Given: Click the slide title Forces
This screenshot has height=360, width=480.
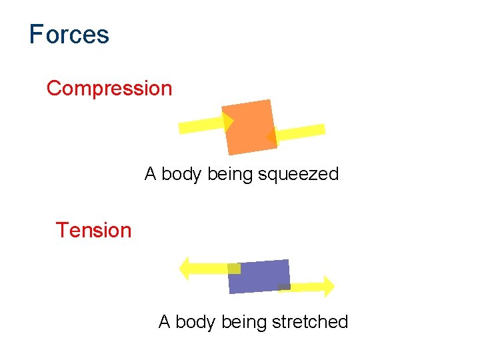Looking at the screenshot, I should point(69,34).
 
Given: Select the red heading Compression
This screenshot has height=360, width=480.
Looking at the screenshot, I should point(109,88).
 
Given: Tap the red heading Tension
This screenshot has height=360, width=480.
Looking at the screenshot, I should point(93,230).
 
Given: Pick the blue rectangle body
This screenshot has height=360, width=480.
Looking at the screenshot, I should point(259,275).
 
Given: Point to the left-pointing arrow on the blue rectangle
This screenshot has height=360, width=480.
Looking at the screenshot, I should point(207,268).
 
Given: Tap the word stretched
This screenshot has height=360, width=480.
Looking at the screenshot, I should point(310,322).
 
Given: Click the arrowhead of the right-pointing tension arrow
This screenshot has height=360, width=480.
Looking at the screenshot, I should point(327,286).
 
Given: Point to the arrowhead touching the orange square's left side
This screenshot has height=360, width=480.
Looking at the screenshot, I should point(228,121).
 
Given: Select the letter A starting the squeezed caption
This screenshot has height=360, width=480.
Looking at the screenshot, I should point(151,175).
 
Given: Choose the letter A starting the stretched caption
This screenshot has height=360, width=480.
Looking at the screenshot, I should point(165,322).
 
